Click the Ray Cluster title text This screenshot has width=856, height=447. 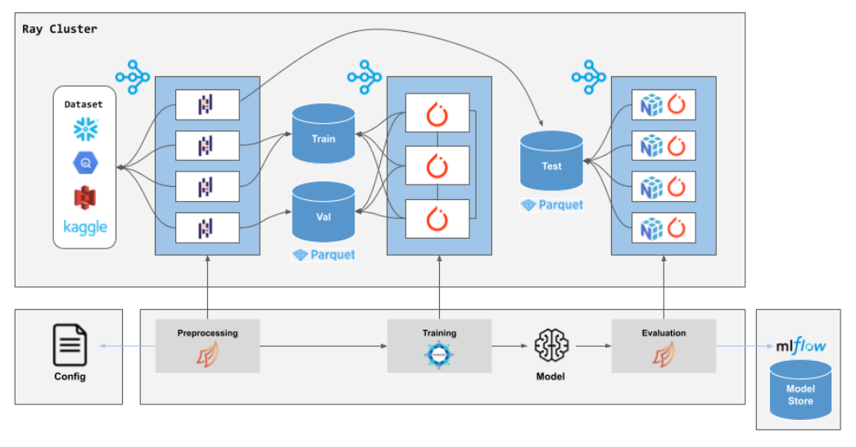click(x=60, y=30)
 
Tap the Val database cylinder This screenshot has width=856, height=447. click(x=324, y=213)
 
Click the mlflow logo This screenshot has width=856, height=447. click(x=800, y=346)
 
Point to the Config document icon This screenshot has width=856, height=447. click(x=70, y=345)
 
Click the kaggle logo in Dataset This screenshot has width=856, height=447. click(x=85, y=226)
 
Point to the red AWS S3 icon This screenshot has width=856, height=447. click(x=86, y=197)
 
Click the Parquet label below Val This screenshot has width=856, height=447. click(x=324, y=255)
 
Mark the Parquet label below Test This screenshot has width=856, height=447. click(x=552, y=205)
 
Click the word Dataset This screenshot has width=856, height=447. click(x=85, y=104)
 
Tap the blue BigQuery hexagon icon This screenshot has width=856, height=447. click(x=86, y=164)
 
